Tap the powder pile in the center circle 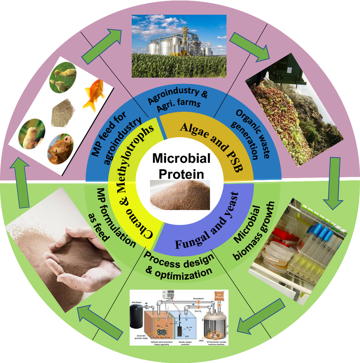click(180, 195)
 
